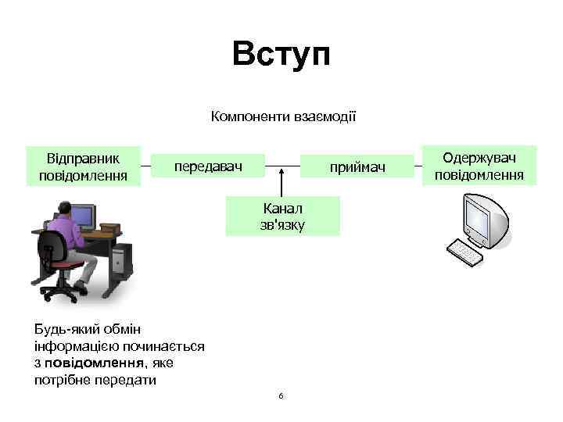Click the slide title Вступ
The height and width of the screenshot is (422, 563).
pyautogui.click(x=281, y=55)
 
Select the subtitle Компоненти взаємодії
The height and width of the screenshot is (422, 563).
pyautogui.click(x=283, y=117)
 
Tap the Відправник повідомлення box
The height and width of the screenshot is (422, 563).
pyautogui.click(x=83, y=166)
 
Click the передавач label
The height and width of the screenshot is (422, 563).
pyautogui.click(x=208, y=166)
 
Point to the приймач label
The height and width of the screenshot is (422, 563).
pyautogui.click(x=357, y=167)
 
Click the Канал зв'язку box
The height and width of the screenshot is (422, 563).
pyautogui.click(x=283, y=216)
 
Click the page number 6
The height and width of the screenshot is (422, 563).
pyautogui.click(x=281, y=395)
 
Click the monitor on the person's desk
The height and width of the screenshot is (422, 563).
pyautogui.click(x=82, y=215)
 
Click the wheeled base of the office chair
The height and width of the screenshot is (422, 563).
pyautogui.click(x=63, y=293)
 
